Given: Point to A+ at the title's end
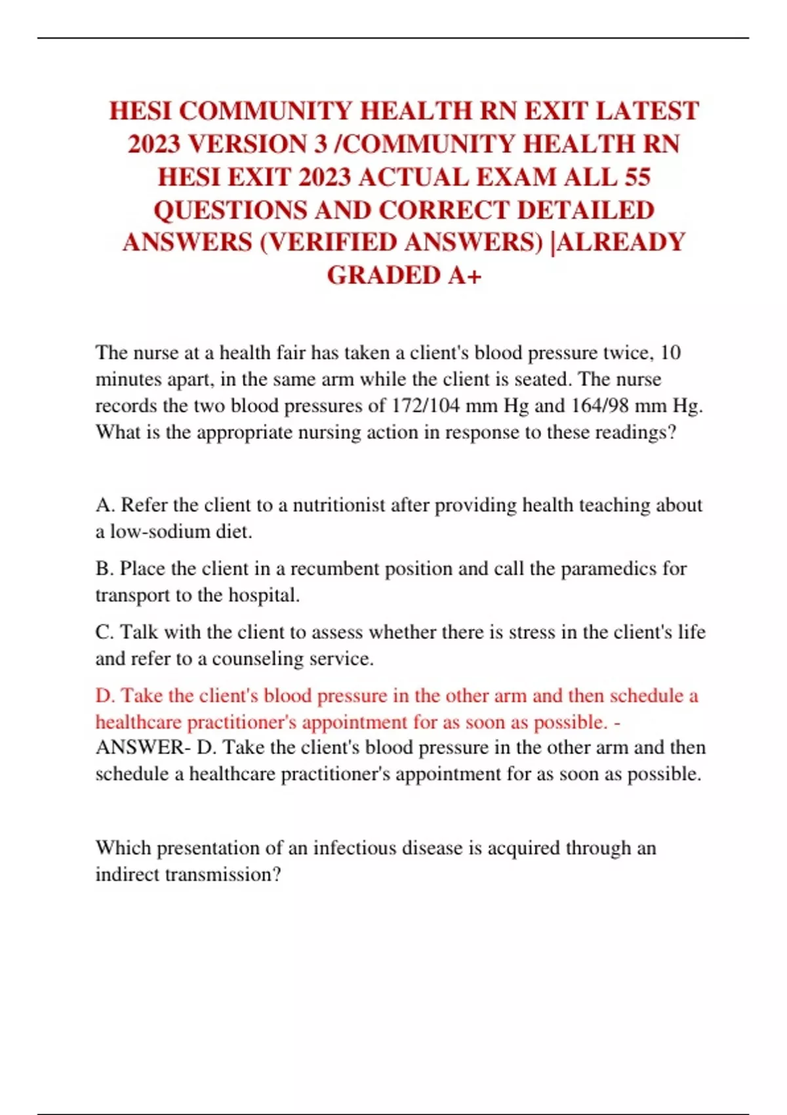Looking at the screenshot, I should [x=464, y=275].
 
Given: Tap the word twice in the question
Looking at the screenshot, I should [x=627, y=353].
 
